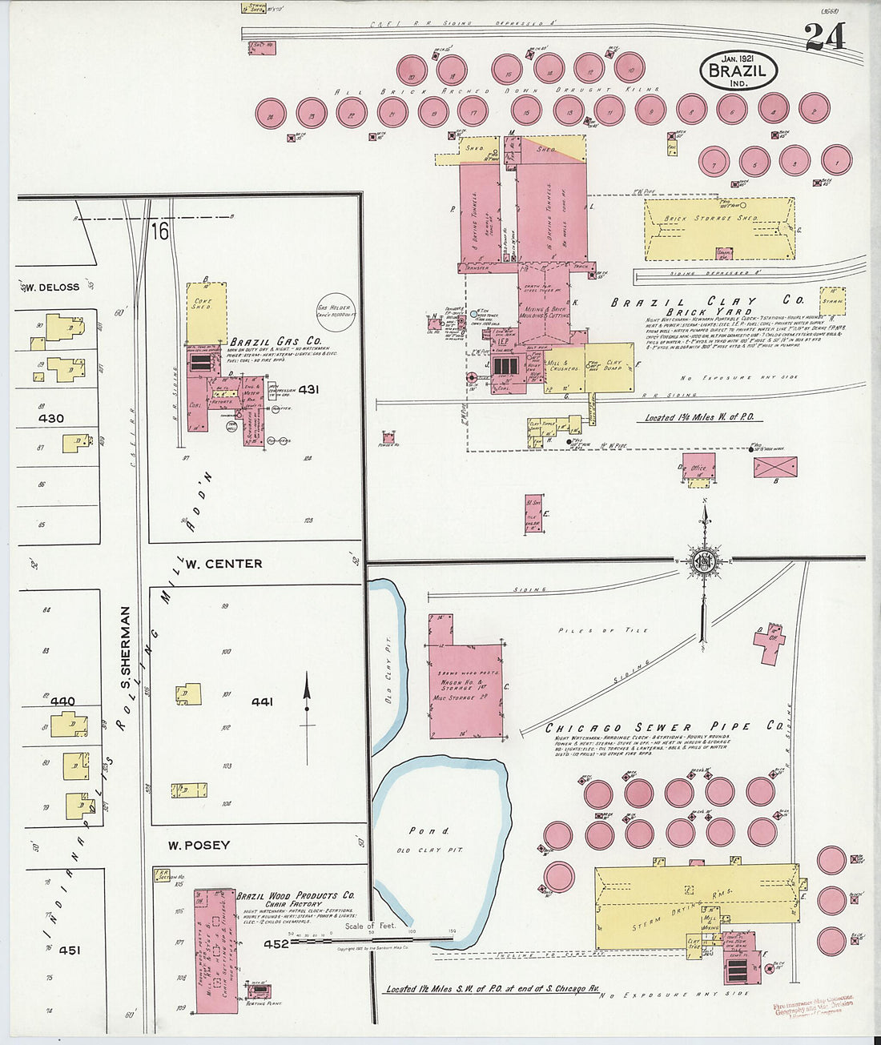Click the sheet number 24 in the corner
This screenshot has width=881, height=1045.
825,36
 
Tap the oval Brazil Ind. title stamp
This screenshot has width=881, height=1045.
738,70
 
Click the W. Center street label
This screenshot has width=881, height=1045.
223,564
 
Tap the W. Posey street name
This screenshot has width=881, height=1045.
199,845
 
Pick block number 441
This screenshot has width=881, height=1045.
262,701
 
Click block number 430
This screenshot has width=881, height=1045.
50,418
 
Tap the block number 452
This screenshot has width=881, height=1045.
276,943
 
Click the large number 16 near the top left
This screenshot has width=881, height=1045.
159,232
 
